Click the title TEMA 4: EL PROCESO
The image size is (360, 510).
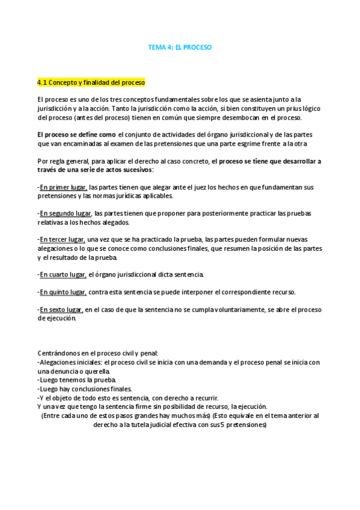tap(180, 46)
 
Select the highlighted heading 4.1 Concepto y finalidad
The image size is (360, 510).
tap(91, 82)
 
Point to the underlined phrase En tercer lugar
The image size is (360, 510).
tap(63, 240)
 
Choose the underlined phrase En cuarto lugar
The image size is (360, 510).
tap(63, 275)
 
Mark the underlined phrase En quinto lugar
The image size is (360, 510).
tap(63, 292)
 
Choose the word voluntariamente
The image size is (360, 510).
tap(217, 310)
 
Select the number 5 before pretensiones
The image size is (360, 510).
tap(222, 424)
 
